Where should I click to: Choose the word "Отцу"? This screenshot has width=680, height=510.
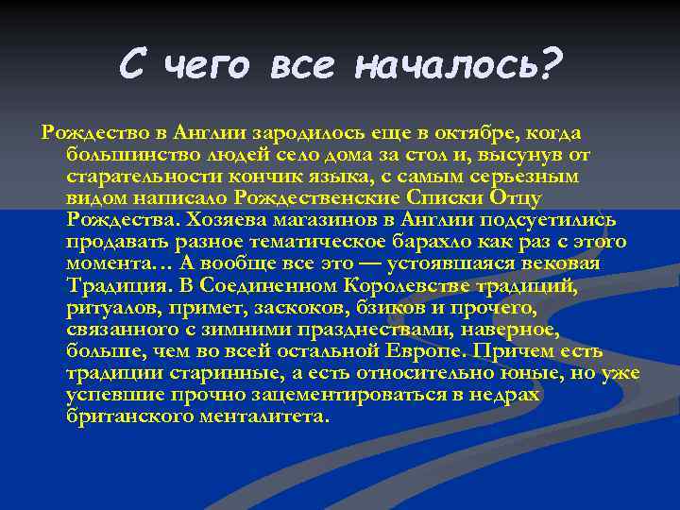point(540,198)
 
